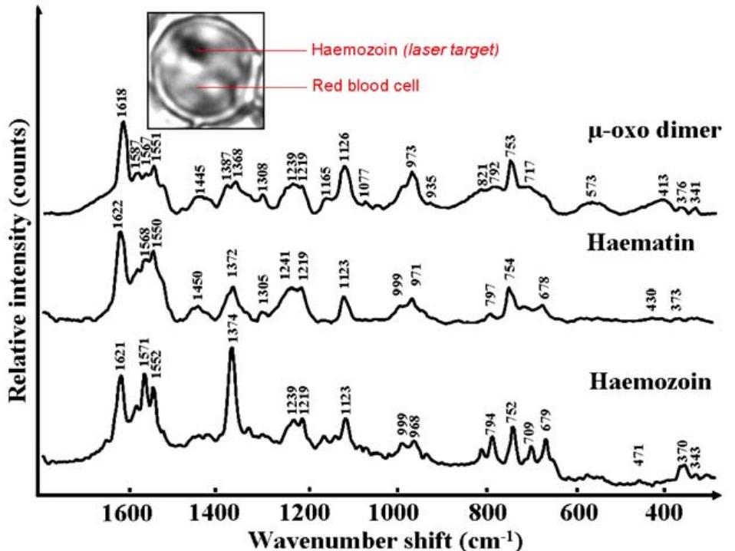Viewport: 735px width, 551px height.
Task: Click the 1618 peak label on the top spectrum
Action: click(x=123, y=107)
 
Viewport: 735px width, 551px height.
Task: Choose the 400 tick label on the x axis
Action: click(x=665, y=512)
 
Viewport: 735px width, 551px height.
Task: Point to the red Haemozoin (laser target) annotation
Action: click(x=405, y=51)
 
